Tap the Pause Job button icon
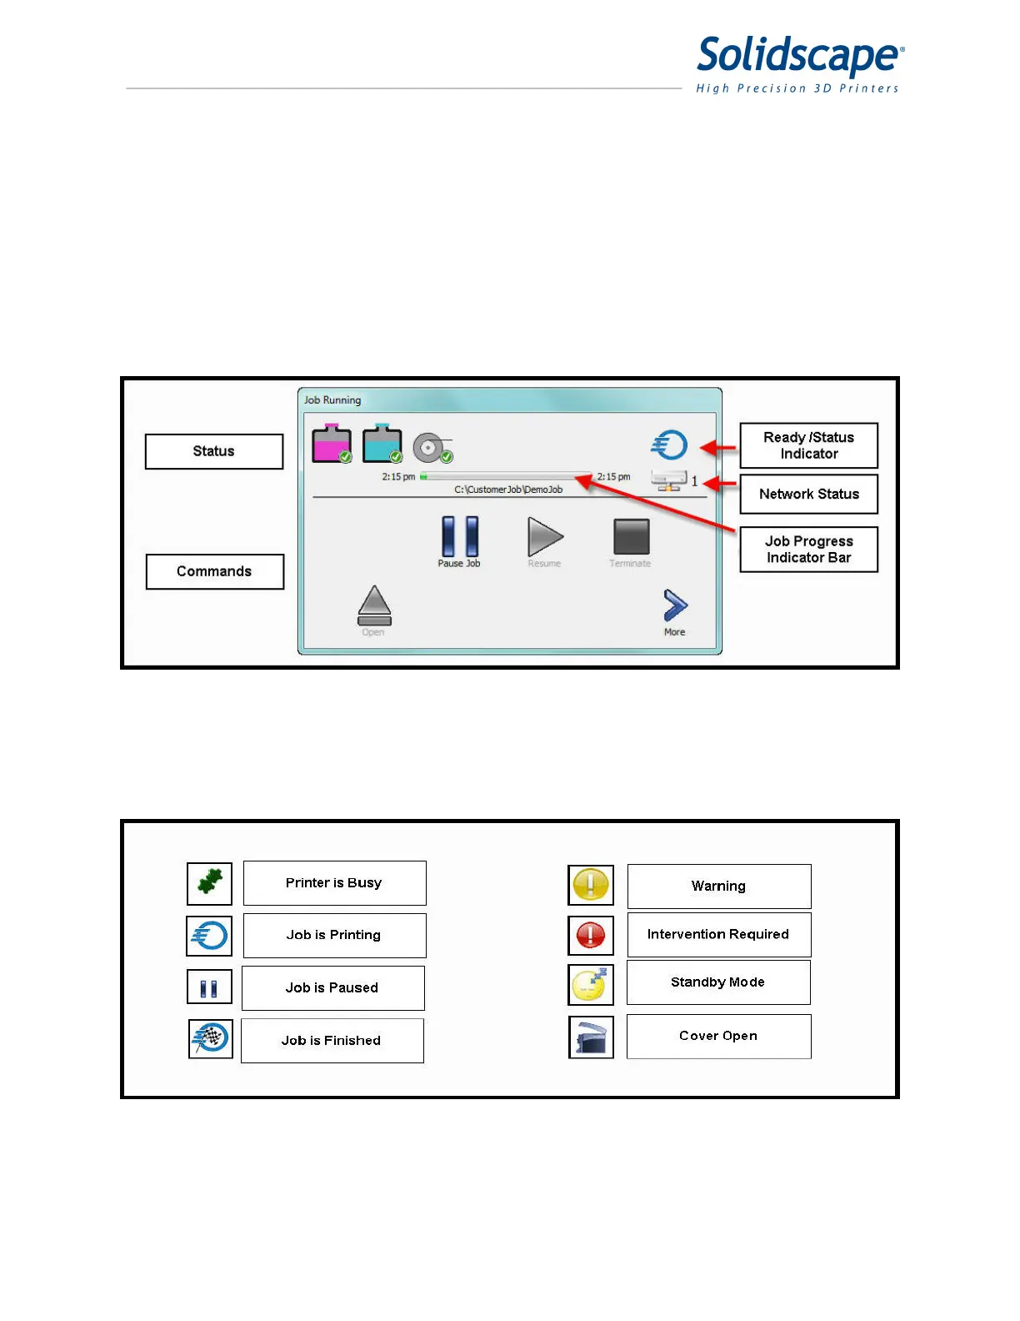[x=460, y=536]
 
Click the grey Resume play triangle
[x=545, y=536]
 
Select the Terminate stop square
[x=631, y=536]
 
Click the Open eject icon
[x=374, y=605]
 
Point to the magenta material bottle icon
[x=331, y=444]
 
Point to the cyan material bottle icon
[x=382, y=444]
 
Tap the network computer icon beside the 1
[x=669, y=481]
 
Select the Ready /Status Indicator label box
[x=808, y=445]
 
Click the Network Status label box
[x=808, y=494]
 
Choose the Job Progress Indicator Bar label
[x=808, y=550]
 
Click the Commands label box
[x=214, y=571]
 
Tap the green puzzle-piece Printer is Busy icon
[x=209, y=882]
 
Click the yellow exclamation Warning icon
[x=591, y=885]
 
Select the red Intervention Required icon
[x=591, y=935]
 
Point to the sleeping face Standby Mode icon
[x=591, y=985]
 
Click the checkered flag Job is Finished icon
[x=210, y=1038]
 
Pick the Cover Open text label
[x=718, y=1036]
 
